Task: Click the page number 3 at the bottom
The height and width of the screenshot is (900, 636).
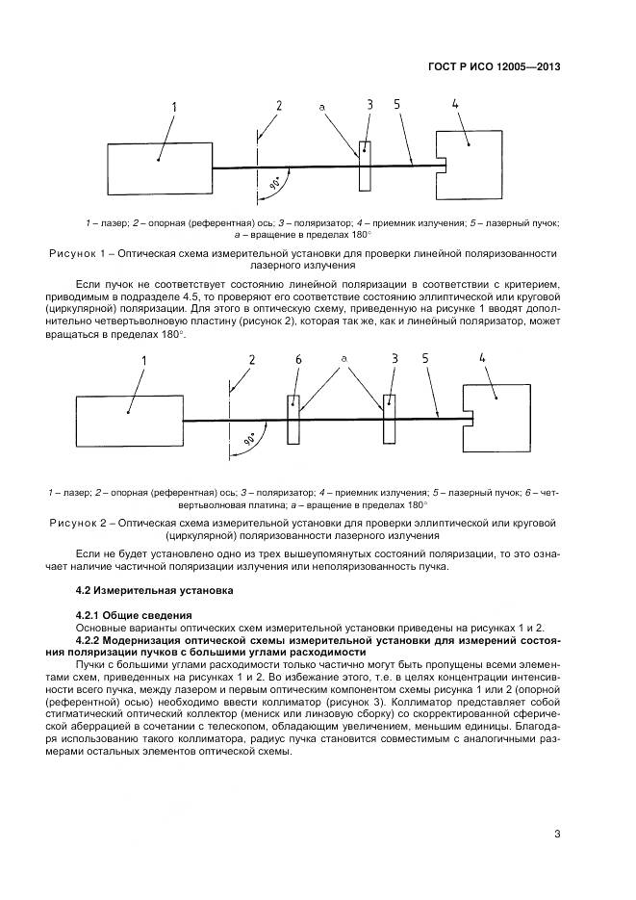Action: point(557,835)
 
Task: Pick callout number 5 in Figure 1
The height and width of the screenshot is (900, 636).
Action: point(396,104)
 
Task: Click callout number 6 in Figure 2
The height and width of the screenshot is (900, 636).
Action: point(298,359)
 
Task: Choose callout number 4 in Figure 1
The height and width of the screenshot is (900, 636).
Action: point(452,103)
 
